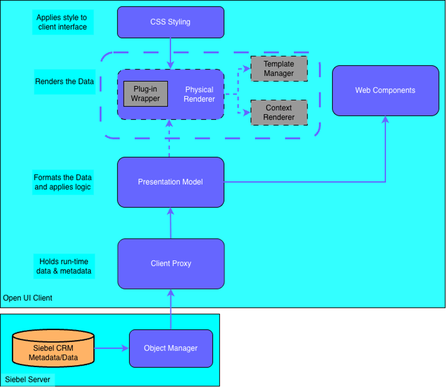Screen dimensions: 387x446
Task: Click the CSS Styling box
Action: pos(170,22)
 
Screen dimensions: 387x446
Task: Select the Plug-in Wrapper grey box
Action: pos(145,94)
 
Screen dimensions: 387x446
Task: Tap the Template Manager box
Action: pos(279,69)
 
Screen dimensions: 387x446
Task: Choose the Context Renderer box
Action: pos(279,112)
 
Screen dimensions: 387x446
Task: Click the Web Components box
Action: pos(385,90)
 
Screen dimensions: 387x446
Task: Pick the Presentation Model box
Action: pos(170,182)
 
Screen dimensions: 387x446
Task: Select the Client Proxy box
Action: pos(170,264)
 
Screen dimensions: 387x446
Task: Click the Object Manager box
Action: pos(170,348)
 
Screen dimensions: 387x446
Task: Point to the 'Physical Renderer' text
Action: pos(199,94)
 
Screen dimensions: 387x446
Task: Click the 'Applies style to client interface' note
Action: pos(62,22)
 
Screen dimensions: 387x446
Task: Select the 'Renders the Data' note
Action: pos(64,82)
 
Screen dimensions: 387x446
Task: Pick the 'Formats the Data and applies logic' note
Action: pos(62,182)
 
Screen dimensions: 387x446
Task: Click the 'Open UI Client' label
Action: pos(28,298)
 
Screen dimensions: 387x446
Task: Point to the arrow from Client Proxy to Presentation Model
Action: pos(170,223)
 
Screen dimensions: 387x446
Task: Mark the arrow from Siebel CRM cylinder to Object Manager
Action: pos(111,348)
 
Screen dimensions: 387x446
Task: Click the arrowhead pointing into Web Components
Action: pos(385,119)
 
